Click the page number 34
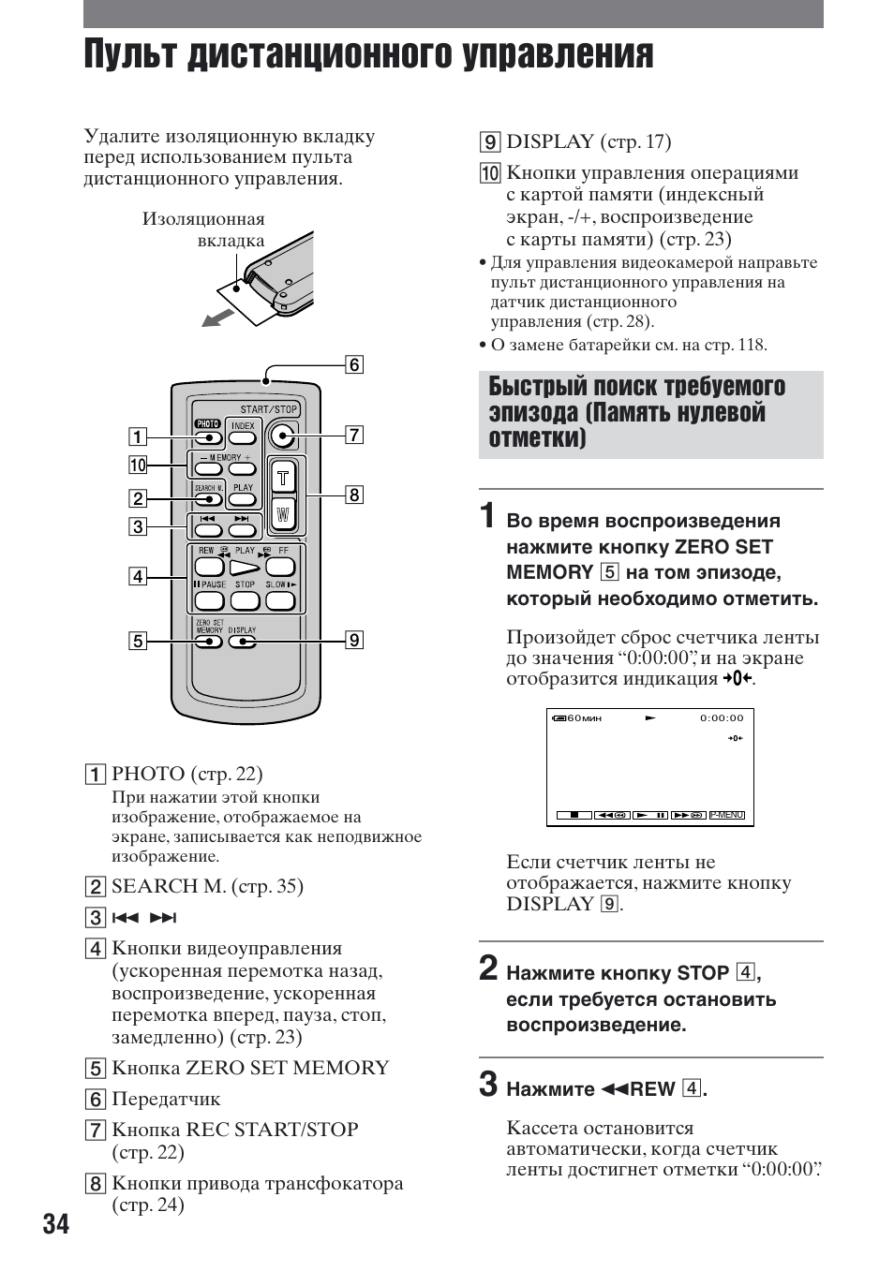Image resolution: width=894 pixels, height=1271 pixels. (x=55, y=1224)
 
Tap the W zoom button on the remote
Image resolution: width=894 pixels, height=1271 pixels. (x=284, y=514)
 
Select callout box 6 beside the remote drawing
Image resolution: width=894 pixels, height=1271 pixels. (x=354, y=364)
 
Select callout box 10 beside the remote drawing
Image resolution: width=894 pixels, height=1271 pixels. (x=138, y=465)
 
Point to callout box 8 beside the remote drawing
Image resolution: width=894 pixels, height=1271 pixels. (x=354, y=495)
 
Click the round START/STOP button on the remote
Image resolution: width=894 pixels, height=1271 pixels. (x=281, y=435)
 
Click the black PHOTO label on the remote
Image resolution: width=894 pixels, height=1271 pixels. (x=207, y=424)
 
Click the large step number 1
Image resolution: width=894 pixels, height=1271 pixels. (x=487, y=516)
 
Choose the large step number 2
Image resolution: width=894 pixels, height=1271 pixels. (x=488, y=968)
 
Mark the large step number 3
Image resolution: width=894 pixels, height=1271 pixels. (x=488, y=1084)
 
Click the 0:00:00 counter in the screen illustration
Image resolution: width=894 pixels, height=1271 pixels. (x=721, y=718)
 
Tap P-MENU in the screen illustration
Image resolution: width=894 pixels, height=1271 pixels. (x=726, y=815)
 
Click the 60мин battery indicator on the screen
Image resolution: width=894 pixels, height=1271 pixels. (x=577, y=718)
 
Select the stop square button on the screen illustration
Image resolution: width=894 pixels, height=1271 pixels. (x=574, y=815)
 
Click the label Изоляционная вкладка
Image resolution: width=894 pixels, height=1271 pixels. (x=203, y=229)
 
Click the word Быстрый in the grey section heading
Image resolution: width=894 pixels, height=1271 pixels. (x=538, y=387)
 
